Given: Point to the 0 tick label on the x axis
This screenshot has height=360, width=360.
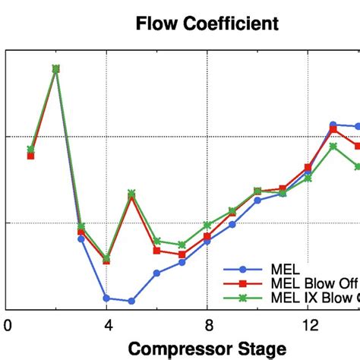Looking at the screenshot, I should (x=7, y=326).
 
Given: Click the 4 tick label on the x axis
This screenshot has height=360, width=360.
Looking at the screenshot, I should (x=106, y=326).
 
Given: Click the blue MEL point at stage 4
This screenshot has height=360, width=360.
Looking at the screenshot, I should (x=106, y=298).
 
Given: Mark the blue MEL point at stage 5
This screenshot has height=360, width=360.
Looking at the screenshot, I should (x=131, y=301).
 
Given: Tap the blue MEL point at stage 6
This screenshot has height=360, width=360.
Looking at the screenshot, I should (x=156, y=273).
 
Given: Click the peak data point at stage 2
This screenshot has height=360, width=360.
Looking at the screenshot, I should (x=55, y=68).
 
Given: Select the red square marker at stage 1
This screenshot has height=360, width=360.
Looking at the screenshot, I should (x=30, y=156).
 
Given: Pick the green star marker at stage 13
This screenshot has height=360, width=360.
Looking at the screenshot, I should (x=333, y=146).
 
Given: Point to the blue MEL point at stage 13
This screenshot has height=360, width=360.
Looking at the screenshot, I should (x=333, y=124).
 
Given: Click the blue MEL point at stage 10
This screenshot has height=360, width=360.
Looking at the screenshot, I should (x=257, y=201).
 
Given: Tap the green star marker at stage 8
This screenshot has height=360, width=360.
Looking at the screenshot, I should (x=207, y=225).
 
